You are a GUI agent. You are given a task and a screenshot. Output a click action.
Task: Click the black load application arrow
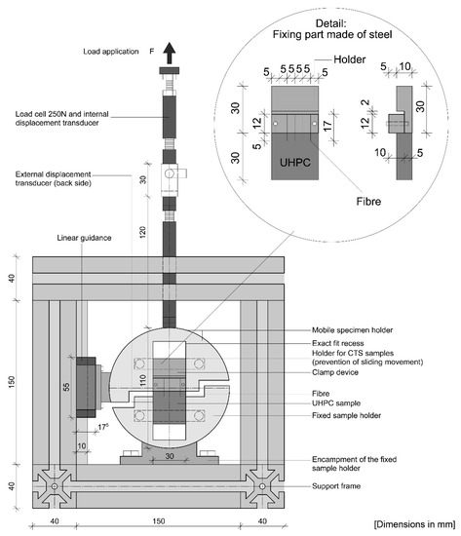[x=169, y=53]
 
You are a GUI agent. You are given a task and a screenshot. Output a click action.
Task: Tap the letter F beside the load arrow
[x=152, y=52]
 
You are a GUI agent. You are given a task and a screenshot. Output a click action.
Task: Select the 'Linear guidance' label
[x=84, y=238]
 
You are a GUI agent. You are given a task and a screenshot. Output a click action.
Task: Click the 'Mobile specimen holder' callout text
[x=352, y=329]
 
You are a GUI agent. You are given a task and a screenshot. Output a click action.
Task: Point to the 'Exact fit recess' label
[x=338, y=343]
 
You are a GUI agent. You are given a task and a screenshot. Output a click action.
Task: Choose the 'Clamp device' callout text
[x=335, y=372]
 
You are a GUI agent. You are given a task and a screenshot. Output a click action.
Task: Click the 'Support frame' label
[x=336, y=485]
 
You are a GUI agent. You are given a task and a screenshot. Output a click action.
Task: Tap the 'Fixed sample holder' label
[x=346, y=415]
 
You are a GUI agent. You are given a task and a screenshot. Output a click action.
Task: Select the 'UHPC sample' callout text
[x=336, y=403]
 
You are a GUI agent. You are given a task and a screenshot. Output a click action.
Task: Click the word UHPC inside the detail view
[x=294, y=162]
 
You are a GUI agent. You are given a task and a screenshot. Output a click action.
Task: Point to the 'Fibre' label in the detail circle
[x=368, y=201]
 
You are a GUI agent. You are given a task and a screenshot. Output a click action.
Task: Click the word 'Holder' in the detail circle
[x=350, y=59]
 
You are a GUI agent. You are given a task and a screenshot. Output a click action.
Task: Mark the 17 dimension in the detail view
[x=327, y=126]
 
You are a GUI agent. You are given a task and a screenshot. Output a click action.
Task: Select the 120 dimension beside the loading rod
[x=142, y=232]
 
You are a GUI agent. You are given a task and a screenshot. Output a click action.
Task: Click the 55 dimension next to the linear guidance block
[x=66, y=387]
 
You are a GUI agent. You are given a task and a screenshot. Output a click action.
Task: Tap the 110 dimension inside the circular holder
[x=142, y=380]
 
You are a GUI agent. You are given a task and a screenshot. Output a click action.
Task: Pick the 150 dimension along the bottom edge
[x=158, y=521]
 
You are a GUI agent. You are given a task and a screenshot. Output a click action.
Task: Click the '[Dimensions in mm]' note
[x=415, y=524]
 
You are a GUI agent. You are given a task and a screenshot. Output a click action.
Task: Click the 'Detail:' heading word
[x=330, y=23]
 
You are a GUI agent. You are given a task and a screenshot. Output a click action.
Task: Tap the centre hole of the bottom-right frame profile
[x=262, y=485]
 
